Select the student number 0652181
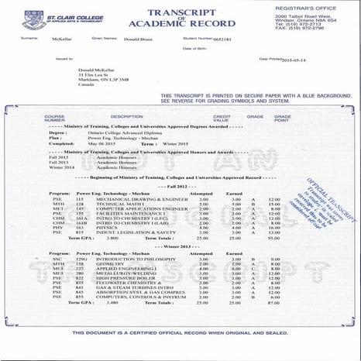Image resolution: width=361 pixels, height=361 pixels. [x=224, y=38]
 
